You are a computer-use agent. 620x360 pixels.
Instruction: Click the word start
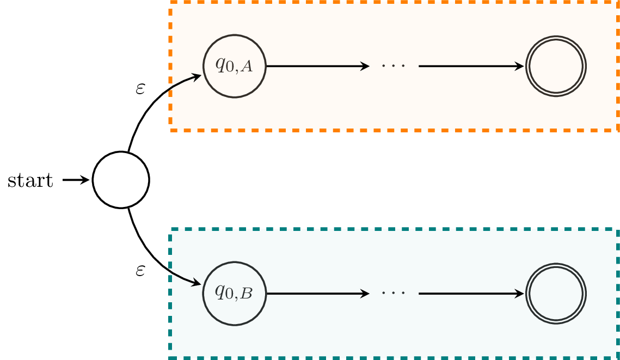30,180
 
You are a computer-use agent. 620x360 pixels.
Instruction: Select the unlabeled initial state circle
121,180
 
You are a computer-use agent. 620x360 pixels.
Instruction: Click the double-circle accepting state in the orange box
556,66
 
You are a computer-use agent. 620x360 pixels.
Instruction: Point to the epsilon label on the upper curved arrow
140,89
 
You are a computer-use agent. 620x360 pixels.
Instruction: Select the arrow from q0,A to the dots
316,66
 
